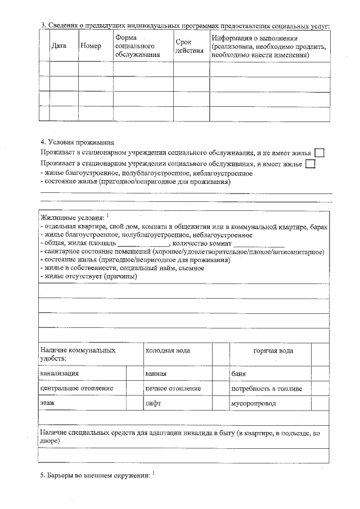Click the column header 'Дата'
[x=59, y=46]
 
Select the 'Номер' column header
[x=91, y=46]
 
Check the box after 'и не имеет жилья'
[x=319, y=152]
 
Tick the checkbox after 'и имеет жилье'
[x=310, y=164]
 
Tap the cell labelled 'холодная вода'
[x=168, y=350]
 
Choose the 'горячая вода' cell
[x=273, y=350]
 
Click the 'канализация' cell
[x=59, y=373]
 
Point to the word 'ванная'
[x=156, y=373]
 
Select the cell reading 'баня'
[x=239, y=373]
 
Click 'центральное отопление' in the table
[x=76, y=388]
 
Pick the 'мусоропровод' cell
[x=253, y=403]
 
